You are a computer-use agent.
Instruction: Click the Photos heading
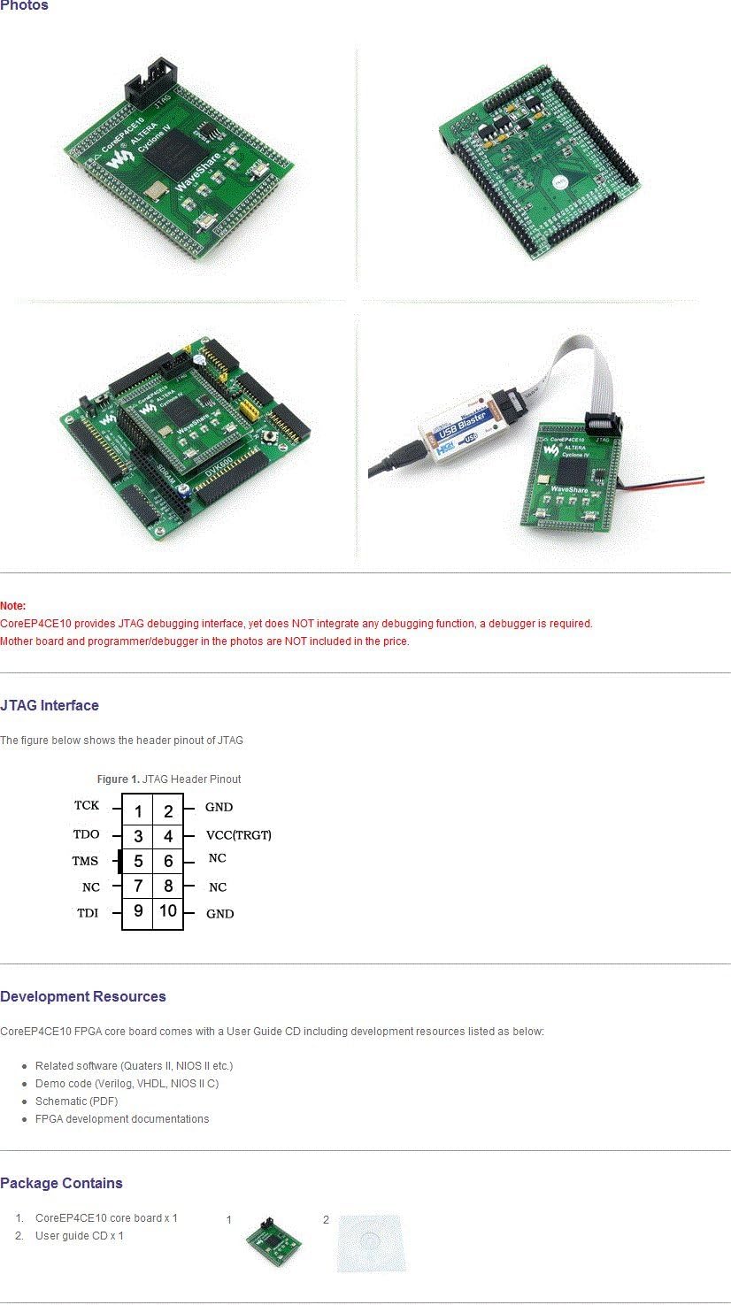click(24, 6)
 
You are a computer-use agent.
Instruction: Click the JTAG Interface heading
click(50, 705)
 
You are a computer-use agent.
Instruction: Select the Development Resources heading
click(83, 996)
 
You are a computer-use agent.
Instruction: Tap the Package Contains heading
click(61, 1183)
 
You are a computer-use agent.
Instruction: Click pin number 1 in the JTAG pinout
click(138, 811)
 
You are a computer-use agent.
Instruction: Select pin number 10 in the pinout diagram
click(168, 911)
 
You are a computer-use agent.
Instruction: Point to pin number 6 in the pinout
click(168, 861)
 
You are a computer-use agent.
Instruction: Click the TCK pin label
click(87, 806)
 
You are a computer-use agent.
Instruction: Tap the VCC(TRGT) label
click(238, 834)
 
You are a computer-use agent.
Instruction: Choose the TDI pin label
click(88, 913)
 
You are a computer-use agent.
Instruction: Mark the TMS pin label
click(86, 861)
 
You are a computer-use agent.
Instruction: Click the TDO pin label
click(86, 834)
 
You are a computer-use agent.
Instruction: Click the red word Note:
click(13, 606)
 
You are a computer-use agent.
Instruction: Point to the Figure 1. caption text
click(168, 779)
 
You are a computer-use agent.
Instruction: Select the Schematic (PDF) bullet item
click(76, 1102)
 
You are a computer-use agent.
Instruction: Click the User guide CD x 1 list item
click(80, 1236)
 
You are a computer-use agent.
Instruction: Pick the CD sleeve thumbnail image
click(371, 1243)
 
